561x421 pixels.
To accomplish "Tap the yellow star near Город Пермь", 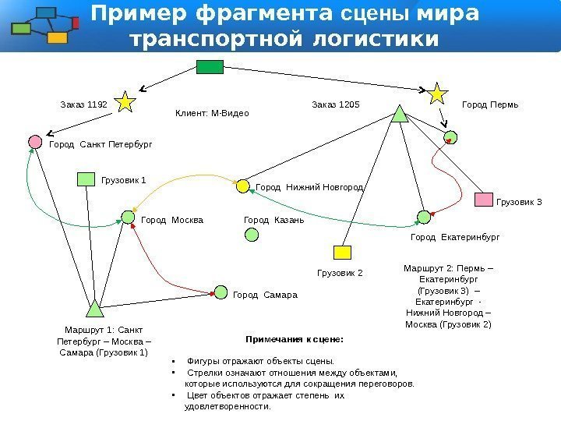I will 439,94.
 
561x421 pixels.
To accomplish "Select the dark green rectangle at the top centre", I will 210,67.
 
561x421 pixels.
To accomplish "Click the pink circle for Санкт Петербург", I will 35,142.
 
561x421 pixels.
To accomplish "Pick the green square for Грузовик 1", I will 86,180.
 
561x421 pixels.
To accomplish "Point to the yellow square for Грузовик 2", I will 341,252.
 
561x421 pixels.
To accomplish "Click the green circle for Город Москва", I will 128,218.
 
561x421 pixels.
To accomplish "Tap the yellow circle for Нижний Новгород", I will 243,186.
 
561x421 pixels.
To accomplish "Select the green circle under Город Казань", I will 252,234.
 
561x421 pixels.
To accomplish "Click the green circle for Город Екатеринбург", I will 424,217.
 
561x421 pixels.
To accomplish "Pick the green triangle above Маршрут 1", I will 94,308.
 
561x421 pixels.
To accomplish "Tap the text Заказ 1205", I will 336,103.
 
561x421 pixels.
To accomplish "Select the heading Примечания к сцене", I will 295,340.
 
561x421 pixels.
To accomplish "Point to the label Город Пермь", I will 490,104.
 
